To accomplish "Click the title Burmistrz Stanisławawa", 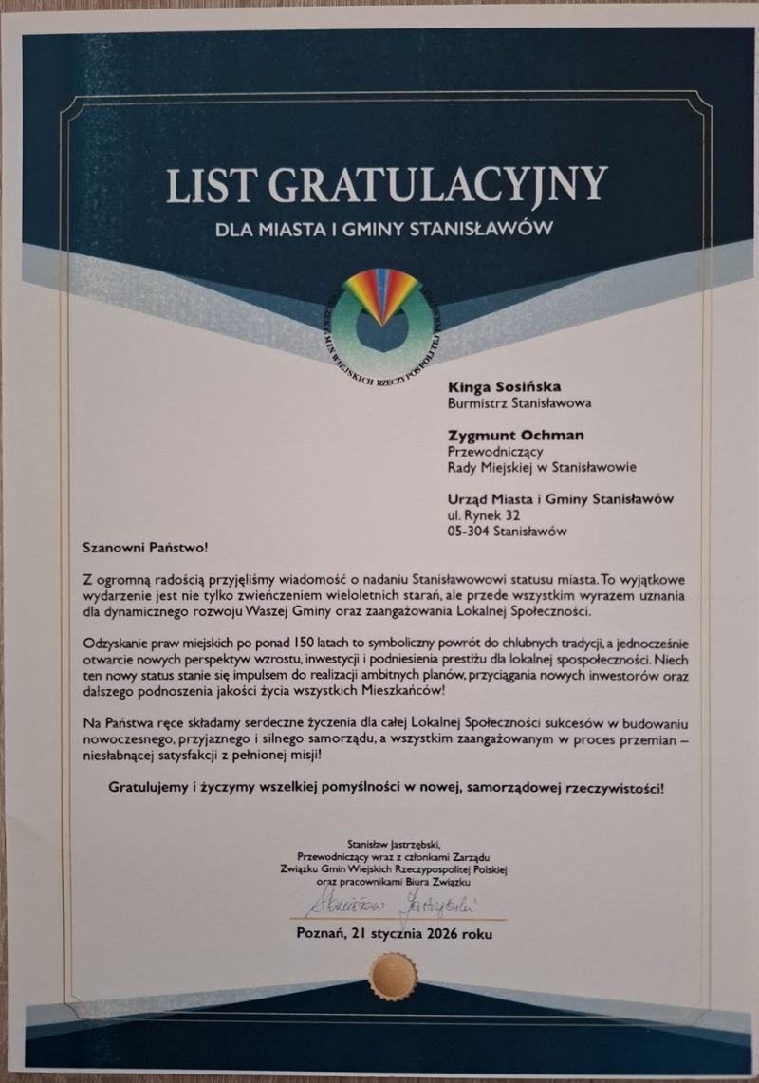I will (519, 402).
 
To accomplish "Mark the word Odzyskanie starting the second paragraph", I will (119, 642).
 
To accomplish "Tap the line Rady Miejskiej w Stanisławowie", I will (541, 467).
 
